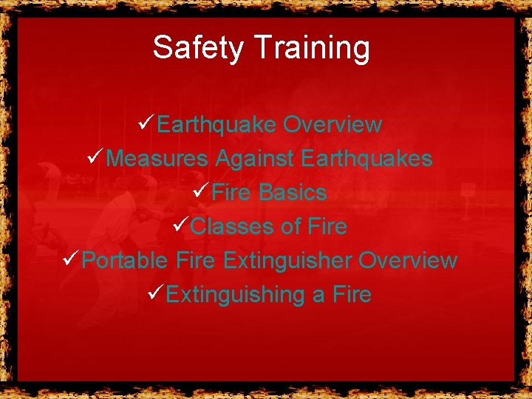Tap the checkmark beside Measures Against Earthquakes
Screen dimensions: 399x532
[95, 158]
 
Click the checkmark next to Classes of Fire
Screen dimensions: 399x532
[180, 226]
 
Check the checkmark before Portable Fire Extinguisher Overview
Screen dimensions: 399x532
[71, 259]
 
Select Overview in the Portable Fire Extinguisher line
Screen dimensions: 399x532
[408, 261]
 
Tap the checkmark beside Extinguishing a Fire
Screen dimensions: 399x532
[154, 293]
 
